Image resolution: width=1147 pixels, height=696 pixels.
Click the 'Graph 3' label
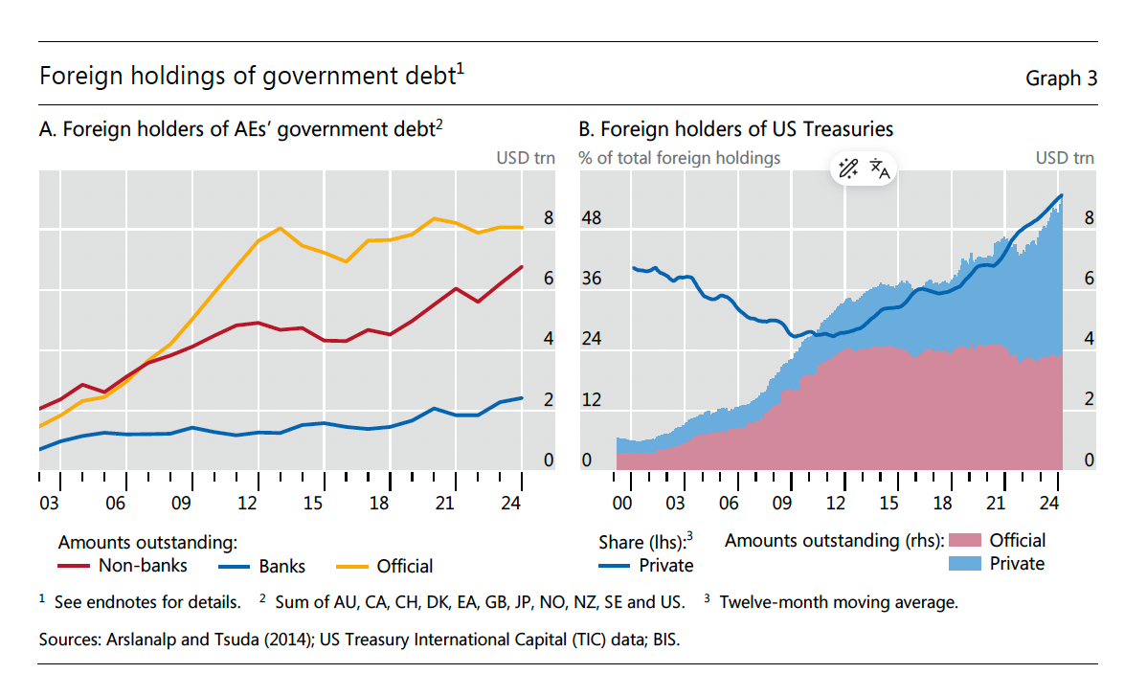[1061, 79]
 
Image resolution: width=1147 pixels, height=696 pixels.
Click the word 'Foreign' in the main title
[74, 77]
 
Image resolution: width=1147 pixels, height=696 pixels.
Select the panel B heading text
[735, 130]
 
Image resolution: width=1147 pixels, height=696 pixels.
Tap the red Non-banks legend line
[75, 566]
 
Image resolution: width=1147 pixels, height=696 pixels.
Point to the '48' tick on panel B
[592, 218]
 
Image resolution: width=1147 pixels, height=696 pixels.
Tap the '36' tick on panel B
[592, 279]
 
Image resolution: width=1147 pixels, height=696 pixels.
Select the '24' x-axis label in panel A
[510, 504]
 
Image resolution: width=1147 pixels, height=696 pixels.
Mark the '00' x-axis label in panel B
[622, 504]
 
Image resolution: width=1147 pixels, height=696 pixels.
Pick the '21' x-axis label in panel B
[997, 504]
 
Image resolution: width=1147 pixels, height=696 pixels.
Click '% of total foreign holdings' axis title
[680, 158]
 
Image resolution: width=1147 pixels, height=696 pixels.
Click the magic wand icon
[847, 169]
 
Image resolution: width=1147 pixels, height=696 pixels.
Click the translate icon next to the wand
[880, 169]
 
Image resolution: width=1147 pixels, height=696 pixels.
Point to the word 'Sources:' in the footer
[66, 639]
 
